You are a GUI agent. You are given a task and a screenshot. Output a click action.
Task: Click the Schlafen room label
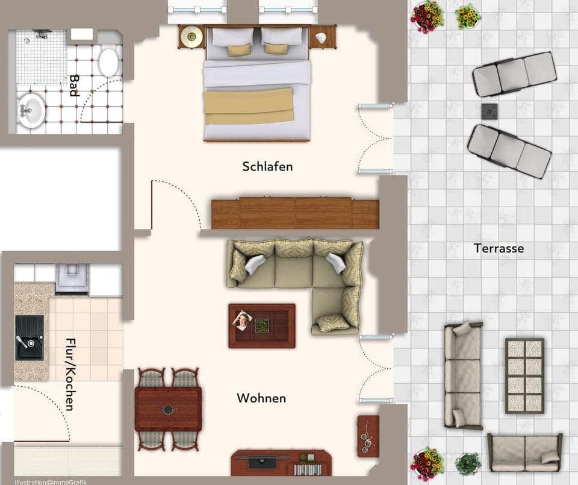point(267,166)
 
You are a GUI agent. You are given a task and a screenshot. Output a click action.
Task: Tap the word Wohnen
point(261,398)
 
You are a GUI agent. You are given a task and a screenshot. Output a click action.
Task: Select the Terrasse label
point(499,248)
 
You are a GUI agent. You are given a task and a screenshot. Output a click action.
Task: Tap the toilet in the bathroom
point(108,61)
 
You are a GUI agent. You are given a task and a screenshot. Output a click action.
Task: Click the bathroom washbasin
point(31,110)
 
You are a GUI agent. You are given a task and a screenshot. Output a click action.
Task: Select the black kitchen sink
point(30,337)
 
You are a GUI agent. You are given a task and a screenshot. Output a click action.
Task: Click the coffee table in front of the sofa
point(262,326)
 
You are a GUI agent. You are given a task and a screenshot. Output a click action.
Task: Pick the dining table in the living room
point(168,409)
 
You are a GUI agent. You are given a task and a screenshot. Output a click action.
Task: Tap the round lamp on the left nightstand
point(191,37)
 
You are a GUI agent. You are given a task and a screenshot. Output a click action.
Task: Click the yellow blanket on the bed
point(249,106)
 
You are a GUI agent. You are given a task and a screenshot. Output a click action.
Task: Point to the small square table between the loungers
point(489,111)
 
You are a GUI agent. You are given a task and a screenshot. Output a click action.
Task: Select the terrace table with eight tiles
point(524,375)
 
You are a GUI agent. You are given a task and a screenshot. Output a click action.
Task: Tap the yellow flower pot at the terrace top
point(467,16)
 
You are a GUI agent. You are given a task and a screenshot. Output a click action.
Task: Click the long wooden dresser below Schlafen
point(295,213)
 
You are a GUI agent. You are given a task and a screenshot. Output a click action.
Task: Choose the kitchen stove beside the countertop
point(72,278)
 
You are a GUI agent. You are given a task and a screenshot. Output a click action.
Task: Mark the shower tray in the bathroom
point(41,57)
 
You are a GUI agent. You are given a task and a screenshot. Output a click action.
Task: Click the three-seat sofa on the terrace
point(462,375)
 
